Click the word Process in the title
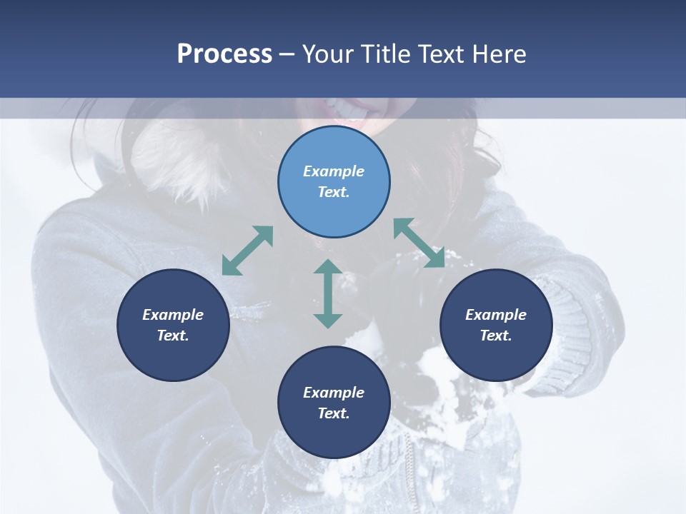pos(224,54)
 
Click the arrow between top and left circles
pos(247,251)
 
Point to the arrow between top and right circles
pos(419,243)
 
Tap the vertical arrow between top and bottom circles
pos(328,293)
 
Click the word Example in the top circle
pos(334,171)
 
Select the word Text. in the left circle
pos(173,336)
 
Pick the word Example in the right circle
pos(496,315)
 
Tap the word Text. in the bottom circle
pos(334,413)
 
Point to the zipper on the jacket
pos(409,471)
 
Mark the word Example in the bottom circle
pos(334,393)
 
